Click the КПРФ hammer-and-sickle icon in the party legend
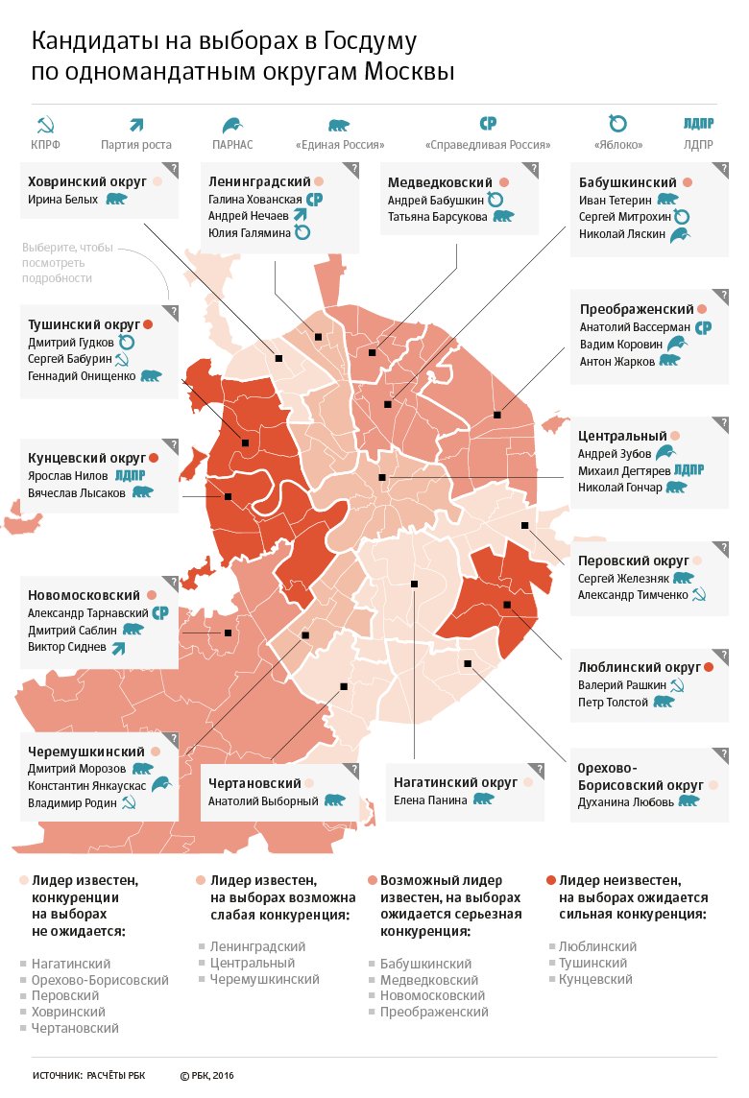(x=45, y=126)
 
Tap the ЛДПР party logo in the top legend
(x=698, y=123)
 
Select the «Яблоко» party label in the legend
(x=618, y=145)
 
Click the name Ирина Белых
(x=62, y=200)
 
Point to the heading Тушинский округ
(x=84, y=325)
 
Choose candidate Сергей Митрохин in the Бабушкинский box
(x=624, y=217)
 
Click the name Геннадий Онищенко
(x=82, y=376)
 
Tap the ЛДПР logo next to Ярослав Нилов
(x=130, y=475)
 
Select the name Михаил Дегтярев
(x=623, y=470)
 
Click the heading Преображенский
(x=637, y=309)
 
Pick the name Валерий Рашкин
(x=621, y=685)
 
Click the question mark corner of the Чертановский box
(x=353, y=769)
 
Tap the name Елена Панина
(x=430, y=800)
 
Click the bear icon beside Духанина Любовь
(x=689, y=801)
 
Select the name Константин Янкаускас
(x=86, y=786)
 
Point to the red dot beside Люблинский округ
(x=709, y=667)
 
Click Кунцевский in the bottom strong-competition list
(x=594, y=980)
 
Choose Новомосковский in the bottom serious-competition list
(x=432, y=995)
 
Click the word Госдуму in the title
(x=370, y=42)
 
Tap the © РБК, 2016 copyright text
(x=206, y=1076)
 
